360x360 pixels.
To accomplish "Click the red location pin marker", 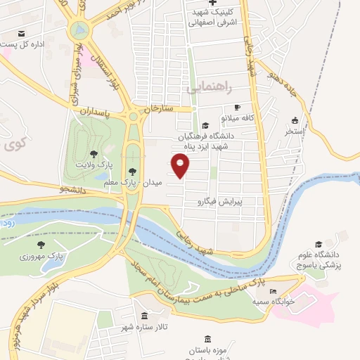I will [x=181, y=166].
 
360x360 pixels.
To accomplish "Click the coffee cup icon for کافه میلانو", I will [x=237, y=107].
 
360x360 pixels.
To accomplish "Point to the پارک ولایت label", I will [x=94, y=164].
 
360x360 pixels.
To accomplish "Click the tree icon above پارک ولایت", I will [x=94, y=153].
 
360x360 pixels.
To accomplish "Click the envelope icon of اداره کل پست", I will [x=21, y=34].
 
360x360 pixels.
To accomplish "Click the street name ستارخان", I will [x=158, y=108].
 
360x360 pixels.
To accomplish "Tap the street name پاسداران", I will [x=95, y=111].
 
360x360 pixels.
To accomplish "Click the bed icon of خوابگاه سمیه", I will [x=273, y=292].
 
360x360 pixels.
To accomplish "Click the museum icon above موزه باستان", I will [x=207, y=340].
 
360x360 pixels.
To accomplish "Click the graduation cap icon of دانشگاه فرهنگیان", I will [x=204, y=124].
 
